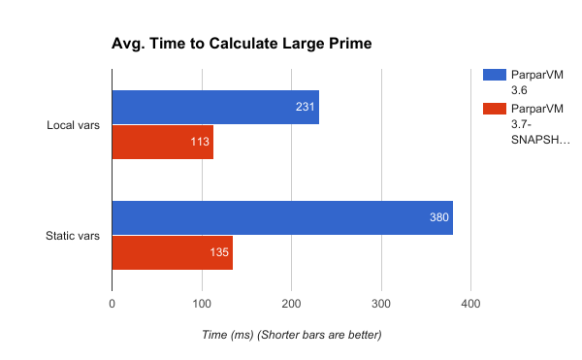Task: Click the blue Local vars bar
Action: tap(215, 107)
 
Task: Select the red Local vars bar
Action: tap(162, 143)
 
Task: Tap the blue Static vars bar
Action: tap(282, 217)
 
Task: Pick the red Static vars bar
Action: tap(172, 253)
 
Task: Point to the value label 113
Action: tap(201, 143)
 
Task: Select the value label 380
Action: tap(439, 217)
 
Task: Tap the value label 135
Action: tap(220, 253)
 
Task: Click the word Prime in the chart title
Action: tap(350, 44)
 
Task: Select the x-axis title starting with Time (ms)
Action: tap(292, 335)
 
